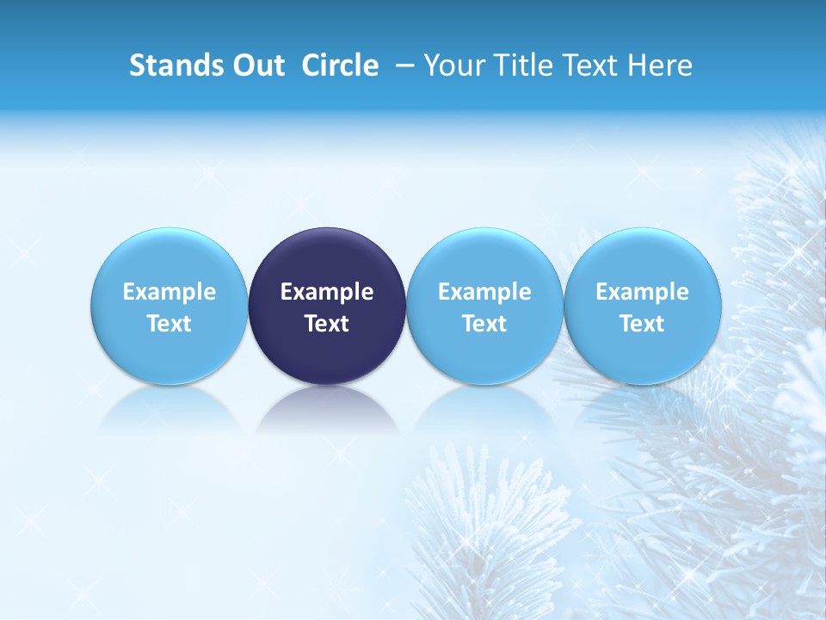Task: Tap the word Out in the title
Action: pos(256,65)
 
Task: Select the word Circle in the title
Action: pos(340,65)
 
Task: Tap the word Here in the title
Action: pos(661,65)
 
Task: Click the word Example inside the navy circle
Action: pos(327,292)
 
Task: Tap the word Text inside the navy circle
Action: pos(327,324)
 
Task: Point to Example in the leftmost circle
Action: pos(170,292)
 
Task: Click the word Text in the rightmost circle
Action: pos(643,324)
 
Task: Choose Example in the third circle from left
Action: pos(484,292)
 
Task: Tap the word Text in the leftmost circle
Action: pos(170,324)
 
